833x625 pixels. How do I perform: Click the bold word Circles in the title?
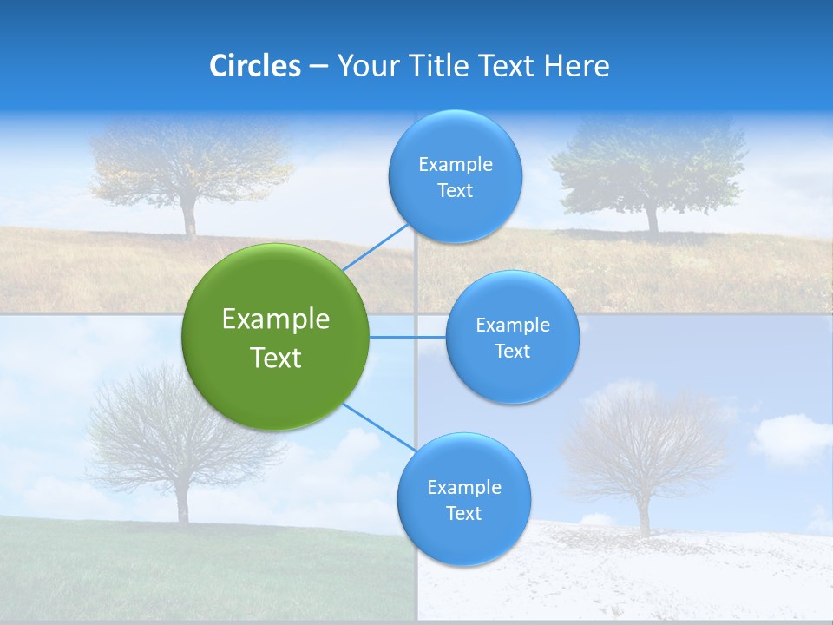pos(254,66)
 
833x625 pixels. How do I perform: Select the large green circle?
pos(276,337)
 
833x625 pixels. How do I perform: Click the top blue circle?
pos(455,177)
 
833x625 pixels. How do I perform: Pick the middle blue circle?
pos(512,337)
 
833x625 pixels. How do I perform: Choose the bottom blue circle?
pos(463,500)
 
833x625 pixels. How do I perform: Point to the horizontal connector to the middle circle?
pos(408,337)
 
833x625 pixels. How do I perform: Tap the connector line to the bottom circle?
pos(379,427)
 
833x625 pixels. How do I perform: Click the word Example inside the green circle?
pos(276,319)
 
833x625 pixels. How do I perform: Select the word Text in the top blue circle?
pos(455,191)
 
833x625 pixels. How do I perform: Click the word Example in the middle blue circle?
pos(512,325)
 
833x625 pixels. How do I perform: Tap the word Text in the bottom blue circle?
pos(463,513)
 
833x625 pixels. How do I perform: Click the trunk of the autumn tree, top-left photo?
pos(189,219)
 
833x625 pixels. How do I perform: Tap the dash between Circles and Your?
pos(318,67)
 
